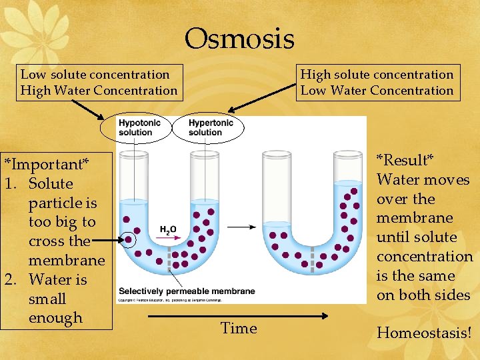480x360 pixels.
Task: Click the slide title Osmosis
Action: point(239,39)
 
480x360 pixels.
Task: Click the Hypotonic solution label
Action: point(136,127)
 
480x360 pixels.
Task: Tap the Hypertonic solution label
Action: point(210,127)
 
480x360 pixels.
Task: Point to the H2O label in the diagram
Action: point(168,230)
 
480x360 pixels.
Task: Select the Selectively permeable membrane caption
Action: point(187,291)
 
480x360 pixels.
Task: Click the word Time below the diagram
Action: point(239,328)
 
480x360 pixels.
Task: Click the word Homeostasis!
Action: point(424,332)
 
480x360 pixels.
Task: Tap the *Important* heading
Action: point(47,164)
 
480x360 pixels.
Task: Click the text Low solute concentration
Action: point(95,75)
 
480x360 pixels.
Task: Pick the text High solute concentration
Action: point(377,75)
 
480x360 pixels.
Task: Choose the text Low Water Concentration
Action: point(377,91)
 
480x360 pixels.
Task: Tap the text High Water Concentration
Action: point(99,91)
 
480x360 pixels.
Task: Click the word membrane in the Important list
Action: point(67,261)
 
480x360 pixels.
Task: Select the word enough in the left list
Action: point(55,318)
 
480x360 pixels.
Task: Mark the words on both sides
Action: point(423,295)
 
